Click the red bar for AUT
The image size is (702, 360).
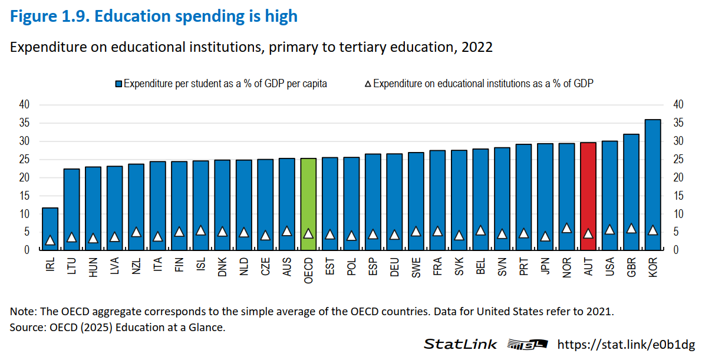click(588, 196)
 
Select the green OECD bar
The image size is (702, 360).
click(308, 204)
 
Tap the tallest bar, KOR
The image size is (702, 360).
click(652, 184)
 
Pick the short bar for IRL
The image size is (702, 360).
click(50, 229)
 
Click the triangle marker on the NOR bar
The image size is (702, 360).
click(566, 228)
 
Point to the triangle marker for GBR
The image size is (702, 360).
click(631, 228)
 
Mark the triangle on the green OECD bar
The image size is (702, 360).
click(308, 233)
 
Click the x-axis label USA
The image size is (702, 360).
click(610, 267)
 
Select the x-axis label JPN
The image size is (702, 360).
click(545, 267)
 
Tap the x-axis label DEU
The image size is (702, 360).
click(394, 267)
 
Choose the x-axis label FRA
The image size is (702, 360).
click(437, 267)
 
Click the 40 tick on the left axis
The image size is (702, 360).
click(24, 105)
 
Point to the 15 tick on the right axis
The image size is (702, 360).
click(678, 196)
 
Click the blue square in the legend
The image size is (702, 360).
click(118, 84)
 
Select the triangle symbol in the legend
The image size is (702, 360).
click(368, 84)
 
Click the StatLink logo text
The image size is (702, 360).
click(460, 344)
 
